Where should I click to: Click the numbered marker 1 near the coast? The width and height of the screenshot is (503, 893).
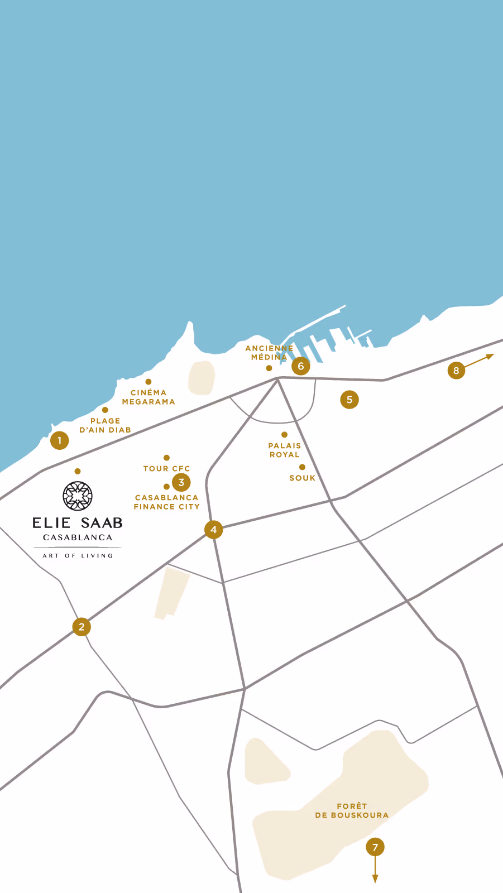[59, 440]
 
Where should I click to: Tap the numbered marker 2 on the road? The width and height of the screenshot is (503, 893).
[82, 627]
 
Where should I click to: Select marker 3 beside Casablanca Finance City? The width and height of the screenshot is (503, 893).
[181, 482]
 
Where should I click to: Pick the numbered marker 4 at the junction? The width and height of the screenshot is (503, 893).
[213, 529]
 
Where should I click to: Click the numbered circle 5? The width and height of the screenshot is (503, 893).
[349, 400]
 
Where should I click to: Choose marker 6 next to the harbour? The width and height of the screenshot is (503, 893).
[301, 366]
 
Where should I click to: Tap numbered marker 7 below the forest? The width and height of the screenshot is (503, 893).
[375, 847]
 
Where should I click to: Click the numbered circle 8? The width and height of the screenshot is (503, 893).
[456, 370]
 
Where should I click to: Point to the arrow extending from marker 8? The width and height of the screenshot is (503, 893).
[481, 360]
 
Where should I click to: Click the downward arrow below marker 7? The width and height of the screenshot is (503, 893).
[375, 871]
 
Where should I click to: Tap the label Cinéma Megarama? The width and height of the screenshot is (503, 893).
[148, 397]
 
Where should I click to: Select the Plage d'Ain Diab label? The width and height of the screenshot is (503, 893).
[105, 425]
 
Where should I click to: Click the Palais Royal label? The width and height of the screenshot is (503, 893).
[285, 450]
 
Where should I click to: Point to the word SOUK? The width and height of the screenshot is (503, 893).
[303, 478]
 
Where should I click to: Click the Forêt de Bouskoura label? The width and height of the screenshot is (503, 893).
[352, 810]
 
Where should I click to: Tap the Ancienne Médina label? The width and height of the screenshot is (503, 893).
[269, 352]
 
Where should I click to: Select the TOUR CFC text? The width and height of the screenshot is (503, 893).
[166, 469]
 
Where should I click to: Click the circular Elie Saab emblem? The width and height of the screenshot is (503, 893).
[78, 496]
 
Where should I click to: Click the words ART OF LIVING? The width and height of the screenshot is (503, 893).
[78, 556]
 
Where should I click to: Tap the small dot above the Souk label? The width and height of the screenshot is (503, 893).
[302, 467]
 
